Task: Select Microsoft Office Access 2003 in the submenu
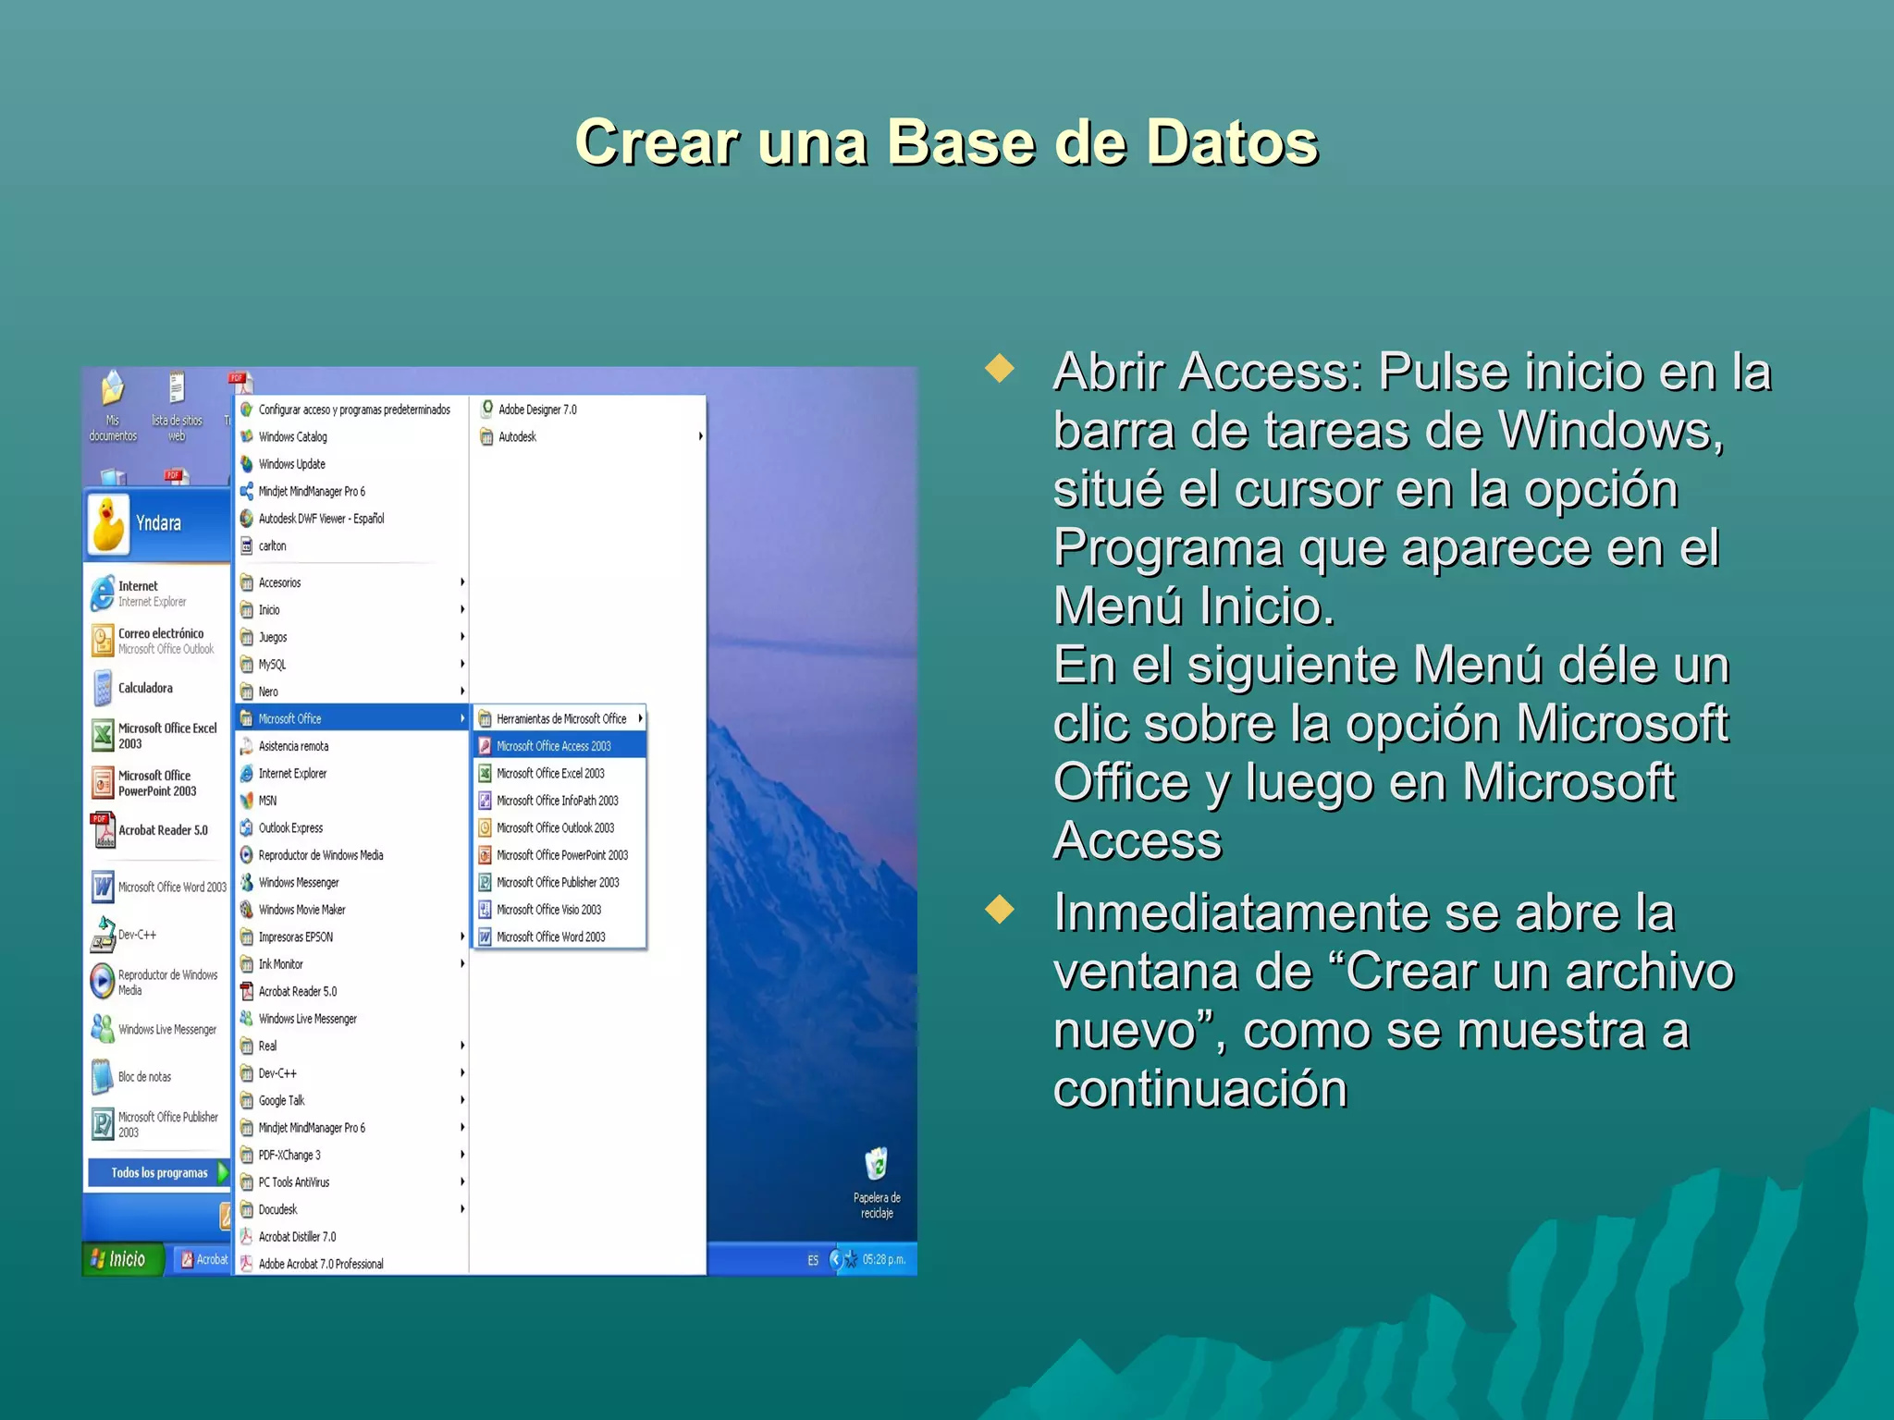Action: pyautogui.click(x=553, y=746)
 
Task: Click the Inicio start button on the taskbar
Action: pyautogui.click(x=120, y=1259)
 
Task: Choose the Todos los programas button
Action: pyautogui.click(x=159, y=1173)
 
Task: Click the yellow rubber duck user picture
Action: pyautogui.click(x=109, y=523)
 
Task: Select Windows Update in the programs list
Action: pyautogui.click(x=291, y=464)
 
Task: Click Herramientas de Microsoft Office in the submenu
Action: pyautogui.click(x=560, y=718)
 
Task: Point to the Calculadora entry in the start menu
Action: pyautogui.click(x=145, y=689)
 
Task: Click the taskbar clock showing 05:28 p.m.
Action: pyautogui.click(x=883, y=1259)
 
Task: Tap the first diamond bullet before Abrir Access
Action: pyautogui.click(x=1000, y=369)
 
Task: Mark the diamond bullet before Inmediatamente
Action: pyautogui.click(x=1000, y=910)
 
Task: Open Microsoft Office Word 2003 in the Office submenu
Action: pyautogui.click(x=550, y=937)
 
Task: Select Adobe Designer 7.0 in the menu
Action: pyautogui.click(x=536, y=410)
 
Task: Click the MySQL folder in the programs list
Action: pyautogui.click(x=272, y=665)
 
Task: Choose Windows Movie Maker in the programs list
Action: pyautogui.click(x=301, y=910)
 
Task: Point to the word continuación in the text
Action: pyautogui.click(x=1199, y=1089)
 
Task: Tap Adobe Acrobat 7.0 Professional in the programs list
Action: pyautogui.click(x=320, y=1264)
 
